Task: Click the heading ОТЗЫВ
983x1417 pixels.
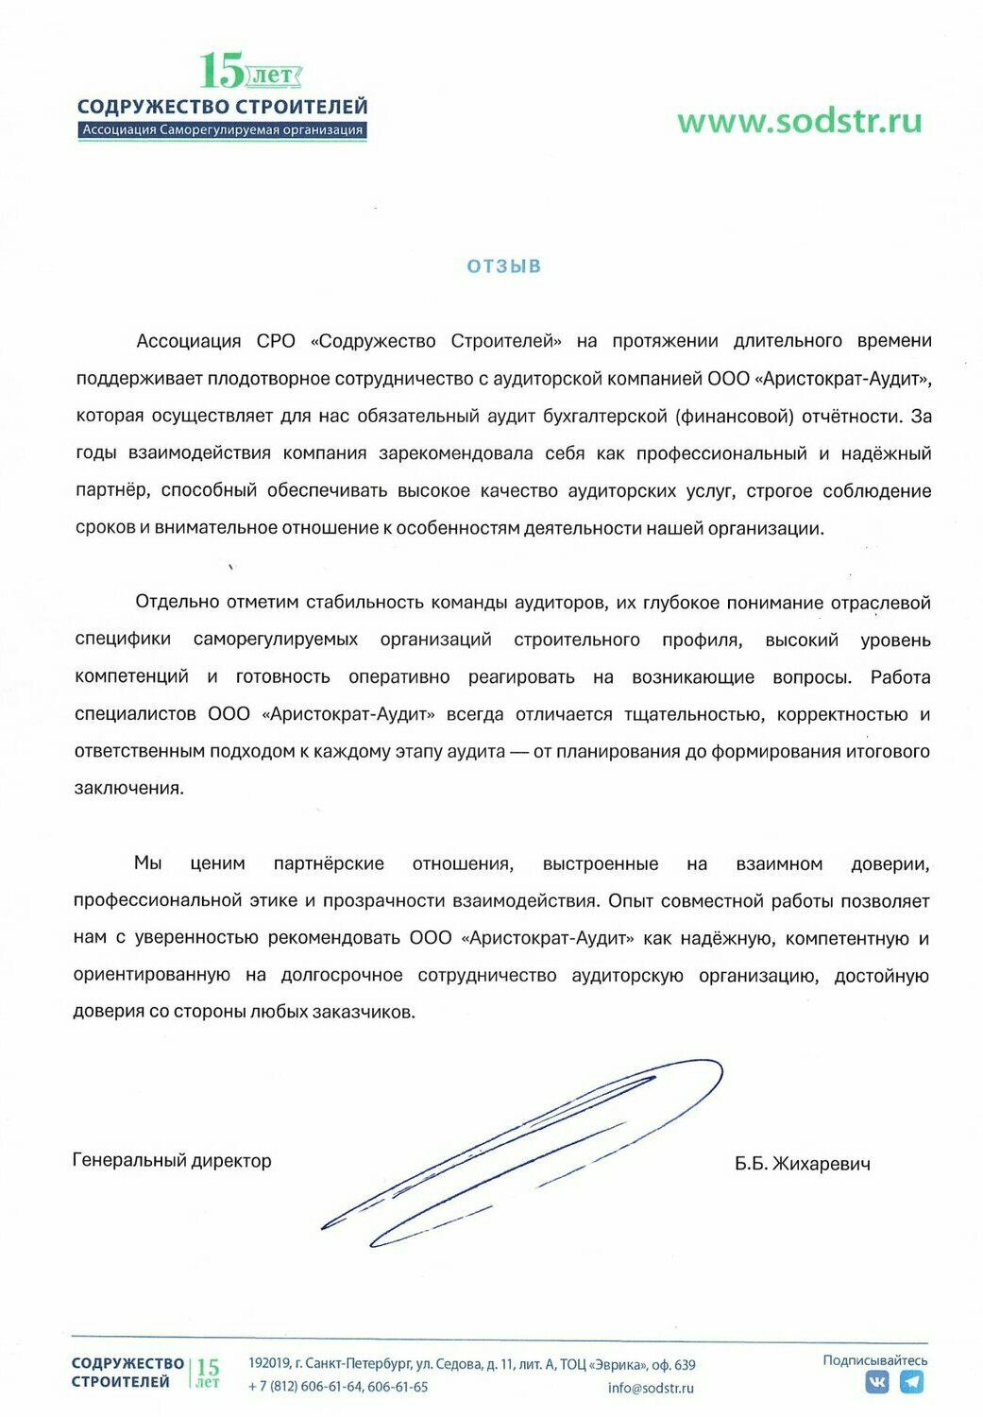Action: point(504,266)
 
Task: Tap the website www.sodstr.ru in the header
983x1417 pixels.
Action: point(799,121)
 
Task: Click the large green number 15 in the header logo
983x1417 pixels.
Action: point(221,70)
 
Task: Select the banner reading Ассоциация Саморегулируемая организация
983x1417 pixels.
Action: point(222,130)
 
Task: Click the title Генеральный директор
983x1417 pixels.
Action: point(172,1160)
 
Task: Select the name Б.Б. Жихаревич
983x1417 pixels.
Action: point(802,1164)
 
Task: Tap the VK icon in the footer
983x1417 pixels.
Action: point(877,1382)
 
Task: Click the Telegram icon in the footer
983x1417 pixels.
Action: point(911,1382)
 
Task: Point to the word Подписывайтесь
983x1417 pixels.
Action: point(874,1360)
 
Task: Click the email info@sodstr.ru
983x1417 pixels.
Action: point(651,1388)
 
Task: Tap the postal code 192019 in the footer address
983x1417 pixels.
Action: point(268,1364)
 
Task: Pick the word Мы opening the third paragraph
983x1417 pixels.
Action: point(147,862)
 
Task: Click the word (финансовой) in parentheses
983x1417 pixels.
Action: point(734,416)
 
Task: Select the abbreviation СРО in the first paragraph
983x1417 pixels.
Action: point(276,341)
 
